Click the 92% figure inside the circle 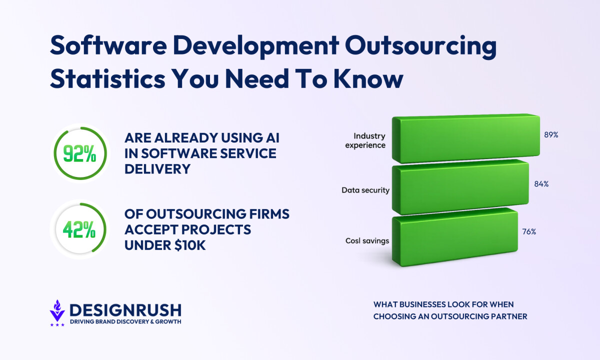tap(79, 153)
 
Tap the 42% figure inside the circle tap(79, 229)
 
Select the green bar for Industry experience tap(466, 138)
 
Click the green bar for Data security tap(460, 187)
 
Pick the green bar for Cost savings tap(455, 237)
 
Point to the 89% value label tap(551, 134)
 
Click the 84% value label tap(541, 184)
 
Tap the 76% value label tap(529, 231)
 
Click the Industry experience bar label tap(365, 140)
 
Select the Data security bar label tap(365, 190)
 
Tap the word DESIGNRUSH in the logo tap(125, 310)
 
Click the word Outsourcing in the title tap(421, 46)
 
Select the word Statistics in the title tap(107, 79)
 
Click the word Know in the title tap(368, 79)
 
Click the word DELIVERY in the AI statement tap(157, 169)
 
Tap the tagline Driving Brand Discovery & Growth tap(125, 321)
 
